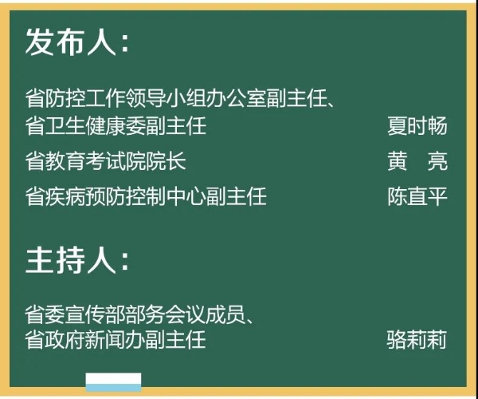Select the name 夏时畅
[x=417, y=125]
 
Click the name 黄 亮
[x=417, y=161]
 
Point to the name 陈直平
[x=417, y=196]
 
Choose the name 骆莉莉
[x=417, y=339]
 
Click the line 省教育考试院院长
[x=105, y=161]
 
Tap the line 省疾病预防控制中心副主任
[x=146, y=196]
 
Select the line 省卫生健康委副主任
[x=116, y=125]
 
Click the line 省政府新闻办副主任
[x=116, y=339]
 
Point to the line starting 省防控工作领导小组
[x=180, y=98]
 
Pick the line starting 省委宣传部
[x=139, y=314]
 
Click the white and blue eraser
[x=113, y=382]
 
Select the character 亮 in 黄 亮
[x=437, y=161]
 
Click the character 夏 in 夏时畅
[x=398, y=125]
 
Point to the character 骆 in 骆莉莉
[x=396, y=339]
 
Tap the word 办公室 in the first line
[x=237, y=98]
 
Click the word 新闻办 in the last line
[x=116, y=339]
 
